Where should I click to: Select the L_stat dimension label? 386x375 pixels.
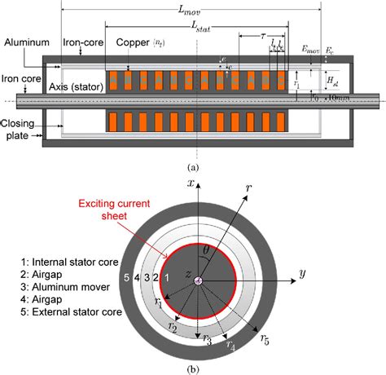[195, 25]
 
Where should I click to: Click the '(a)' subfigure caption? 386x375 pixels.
[193, 165]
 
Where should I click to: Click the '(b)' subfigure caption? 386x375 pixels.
[193, 368]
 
